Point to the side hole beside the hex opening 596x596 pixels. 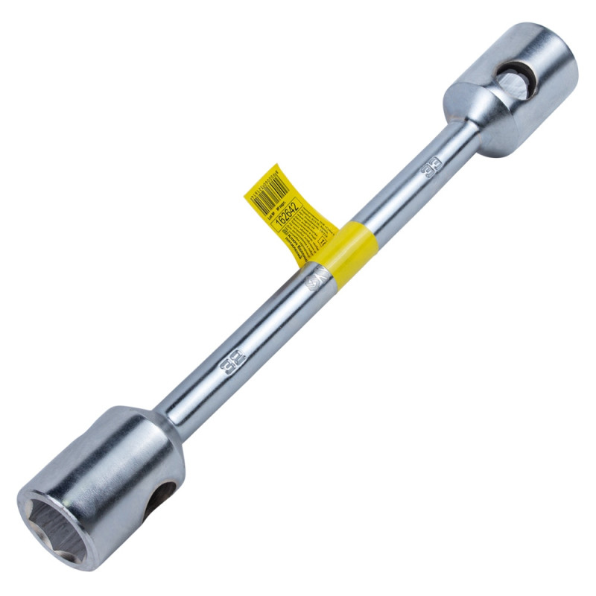point(159,499)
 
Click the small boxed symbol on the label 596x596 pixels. point(322,243)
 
